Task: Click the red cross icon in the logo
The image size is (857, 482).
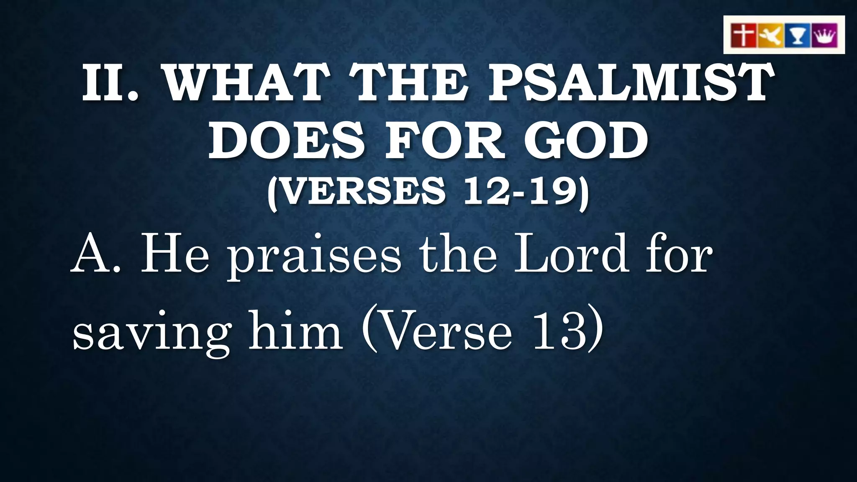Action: pyautogui.click(x=743, y=35)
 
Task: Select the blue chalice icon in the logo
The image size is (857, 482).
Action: pyautogui.click(x=798, y=35)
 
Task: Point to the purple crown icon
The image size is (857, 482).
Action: pyautogui.click(x=824, y=35)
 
